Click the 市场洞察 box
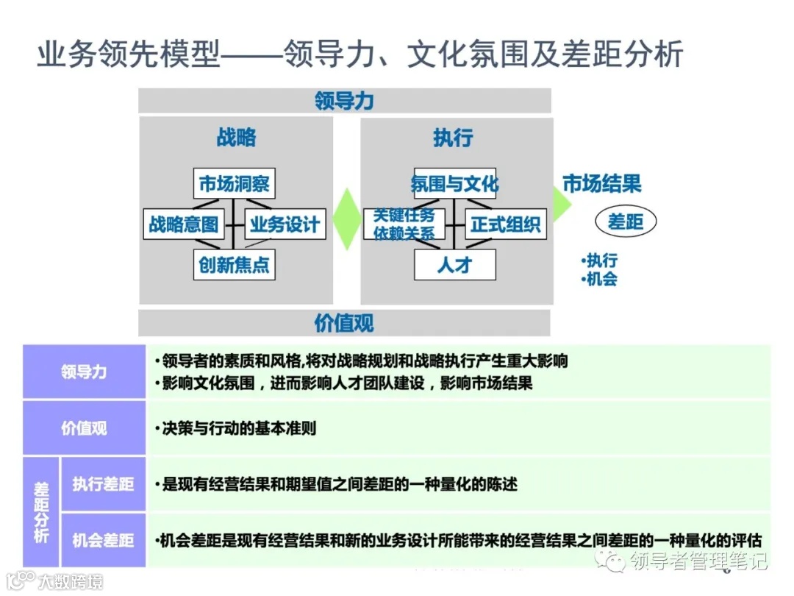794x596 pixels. point(235,183)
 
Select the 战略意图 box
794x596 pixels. point(184,224)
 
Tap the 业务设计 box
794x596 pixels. point(285,224)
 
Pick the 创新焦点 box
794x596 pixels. point(235,264)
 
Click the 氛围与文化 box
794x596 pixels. point(454,183)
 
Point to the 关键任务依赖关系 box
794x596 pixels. point(404,224)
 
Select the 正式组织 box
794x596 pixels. point(506,224)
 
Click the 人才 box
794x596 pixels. point(454,264)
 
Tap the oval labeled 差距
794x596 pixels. point(625,221)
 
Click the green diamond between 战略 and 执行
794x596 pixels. point(346,219)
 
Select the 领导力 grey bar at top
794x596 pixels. point(344,101)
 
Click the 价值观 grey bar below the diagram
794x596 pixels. point(344,322)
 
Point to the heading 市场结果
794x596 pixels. point(601,183)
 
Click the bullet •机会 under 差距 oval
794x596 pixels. point(599,279)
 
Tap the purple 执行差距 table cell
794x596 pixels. point(103,483)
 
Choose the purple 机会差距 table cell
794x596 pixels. point(103,540)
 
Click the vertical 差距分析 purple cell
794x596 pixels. point(41,512)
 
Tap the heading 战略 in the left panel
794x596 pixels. point(236,138)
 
